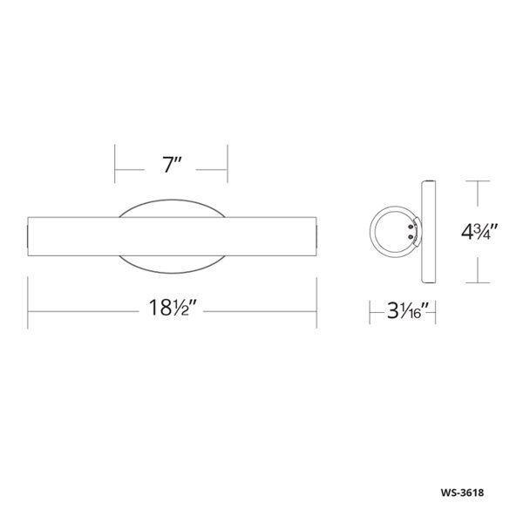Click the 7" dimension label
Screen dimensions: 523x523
click(172, 165)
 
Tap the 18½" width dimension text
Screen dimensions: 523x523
click(171, 308)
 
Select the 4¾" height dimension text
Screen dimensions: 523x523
click(479, 232)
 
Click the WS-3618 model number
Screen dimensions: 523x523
click(462, 492)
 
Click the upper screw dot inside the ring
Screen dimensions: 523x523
click(411, 228)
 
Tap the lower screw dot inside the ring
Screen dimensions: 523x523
click(411, 237)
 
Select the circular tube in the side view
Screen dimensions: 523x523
click(372, 232)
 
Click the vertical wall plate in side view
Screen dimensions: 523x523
click(429, 232)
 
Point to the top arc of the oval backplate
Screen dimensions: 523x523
click(172, 200)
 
